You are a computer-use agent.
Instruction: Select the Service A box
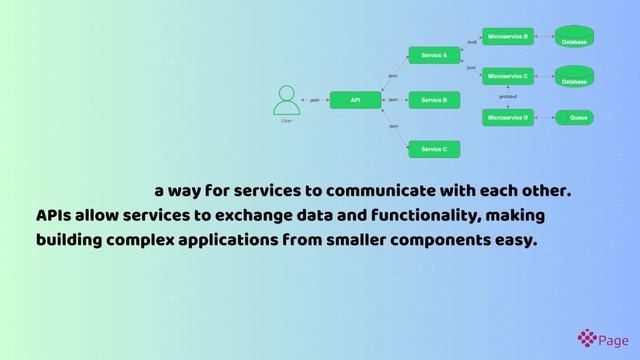point(434,55)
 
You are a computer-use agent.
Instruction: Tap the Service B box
point(434,100)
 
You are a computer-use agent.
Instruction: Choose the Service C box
point(434,149)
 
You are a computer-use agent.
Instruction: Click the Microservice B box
point(508,36)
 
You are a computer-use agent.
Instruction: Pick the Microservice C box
point(508,76)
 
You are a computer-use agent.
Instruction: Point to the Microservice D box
point(508,118)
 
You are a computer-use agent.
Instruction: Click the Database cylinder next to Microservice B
point(574,37)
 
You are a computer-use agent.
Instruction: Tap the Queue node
point(578,118)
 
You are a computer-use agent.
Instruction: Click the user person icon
point(286,101)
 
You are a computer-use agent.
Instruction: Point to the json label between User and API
point(315,100)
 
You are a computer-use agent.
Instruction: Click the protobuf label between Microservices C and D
point(509,97)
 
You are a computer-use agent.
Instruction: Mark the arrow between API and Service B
point(396,100)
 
